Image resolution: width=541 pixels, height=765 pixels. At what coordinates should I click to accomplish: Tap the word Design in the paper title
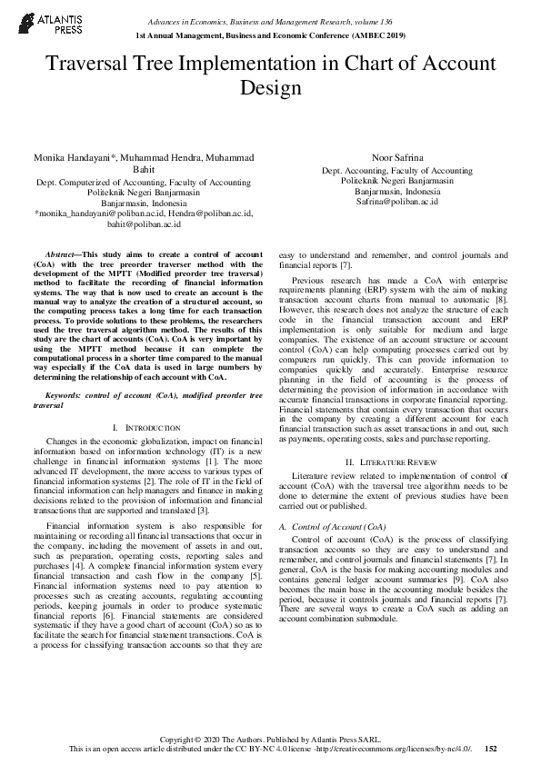tap(270, 88)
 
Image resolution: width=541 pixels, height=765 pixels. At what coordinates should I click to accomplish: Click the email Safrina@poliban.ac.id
tap(398, 203)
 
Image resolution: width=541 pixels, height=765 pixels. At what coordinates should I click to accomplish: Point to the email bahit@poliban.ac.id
tap(145, 224)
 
